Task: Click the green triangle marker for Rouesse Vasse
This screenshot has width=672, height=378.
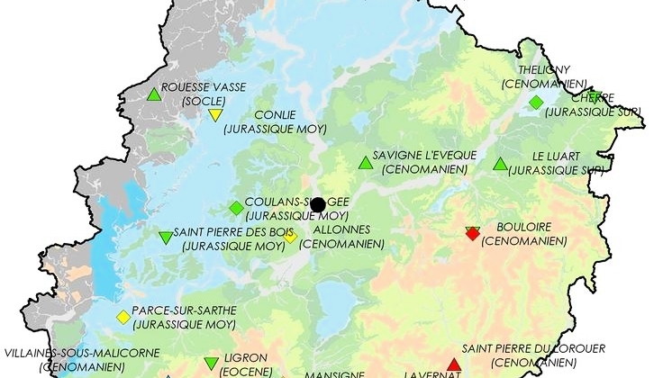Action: tap(154, 94)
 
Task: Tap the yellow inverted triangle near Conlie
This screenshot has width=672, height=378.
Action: tap(215, 114)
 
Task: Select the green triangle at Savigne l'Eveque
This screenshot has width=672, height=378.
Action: tap(365, 163)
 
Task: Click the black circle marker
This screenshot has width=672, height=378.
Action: tap(317, 204)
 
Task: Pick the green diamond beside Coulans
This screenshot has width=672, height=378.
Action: tap(237, 208)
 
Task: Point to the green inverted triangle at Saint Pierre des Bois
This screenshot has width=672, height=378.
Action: tap(166, 238)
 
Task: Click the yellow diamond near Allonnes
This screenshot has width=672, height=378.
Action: tap(291, 238)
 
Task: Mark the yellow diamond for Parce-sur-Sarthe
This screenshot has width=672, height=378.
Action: tap(123, 317)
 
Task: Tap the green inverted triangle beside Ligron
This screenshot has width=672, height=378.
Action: tap(212, 364)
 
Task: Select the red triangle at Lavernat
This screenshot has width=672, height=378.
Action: tap(453, 364)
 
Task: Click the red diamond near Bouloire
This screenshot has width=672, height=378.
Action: tap(473, 233)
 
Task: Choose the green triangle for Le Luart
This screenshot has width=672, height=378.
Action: tap(500, 164)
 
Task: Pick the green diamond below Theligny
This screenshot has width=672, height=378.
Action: tap(536, 103)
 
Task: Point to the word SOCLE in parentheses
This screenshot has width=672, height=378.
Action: tap(203, 102)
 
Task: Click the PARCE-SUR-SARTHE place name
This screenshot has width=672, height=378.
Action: tap(184, 310)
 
